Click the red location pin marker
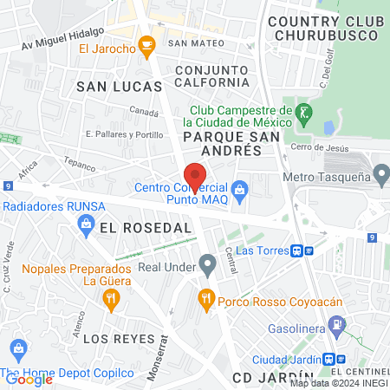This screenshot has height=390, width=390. coord(195,173)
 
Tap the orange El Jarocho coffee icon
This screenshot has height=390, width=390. coord(147,43)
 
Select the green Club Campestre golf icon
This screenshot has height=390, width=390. coord(303,112)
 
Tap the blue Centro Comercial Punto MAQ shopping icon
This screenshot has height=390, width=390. coord(241,188)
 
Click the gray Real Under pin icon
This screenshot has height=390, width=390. coord(206,263)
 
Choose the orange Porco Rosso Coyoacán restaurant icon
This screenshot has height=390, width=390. coord(206,300)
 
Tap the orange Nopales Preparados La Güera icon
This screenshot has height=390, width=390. coord(110,300)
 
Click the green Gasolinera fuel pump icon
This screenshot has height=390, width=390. coord(336,327)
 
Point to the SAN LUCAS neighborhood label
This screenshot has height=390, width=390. coord(119,87)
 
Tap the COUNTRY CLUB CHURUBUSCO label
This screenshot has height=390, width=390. coord(325,27)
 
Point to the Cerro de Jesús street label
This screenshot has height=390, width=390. coord(320,148)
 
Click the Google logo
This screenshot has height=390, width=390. coord(29,378)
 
